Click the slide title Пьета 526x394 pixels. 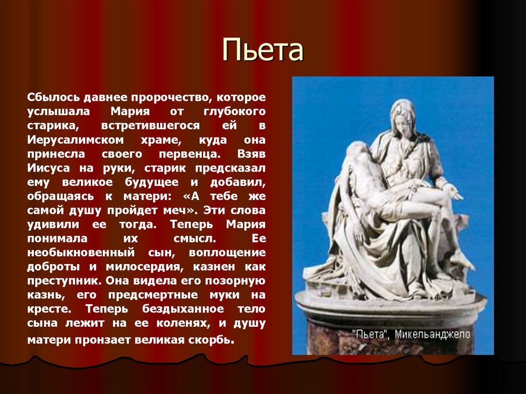click(x=263, y=51)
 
